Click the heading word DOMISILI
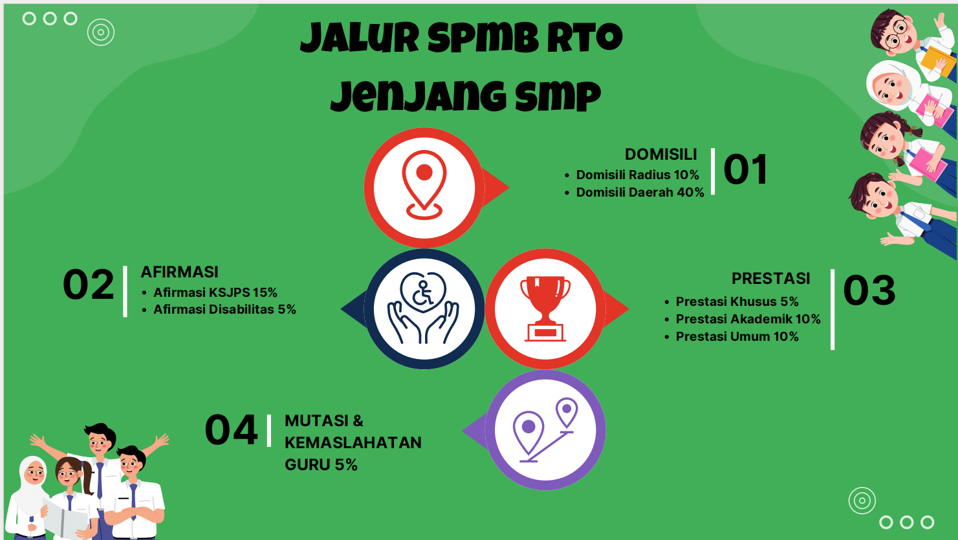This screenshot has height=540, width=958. (660, 155)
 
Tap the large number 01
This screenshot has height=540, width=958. (745, 170)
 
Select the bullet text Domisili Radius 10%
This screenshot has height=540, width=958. (637, 175)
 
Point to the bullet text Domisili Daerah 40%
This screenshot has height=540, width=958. (640, 193)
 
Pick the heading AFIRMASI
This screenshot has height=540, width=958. (179, 272)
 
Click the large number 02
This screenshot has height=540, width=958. (88, 285)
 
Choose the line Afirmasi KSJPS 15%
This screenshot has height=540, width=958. (215, 293)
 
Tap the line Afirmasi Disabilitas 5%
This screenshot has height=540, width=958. (224, 310)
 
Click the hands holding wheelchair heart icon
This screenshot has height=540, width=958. (424, 308)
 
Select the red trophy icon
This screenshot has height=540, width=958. (545, 308)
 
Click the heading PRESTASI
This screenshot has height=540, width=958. (770, 279)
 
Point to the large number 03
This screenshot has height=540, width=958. (869, 291)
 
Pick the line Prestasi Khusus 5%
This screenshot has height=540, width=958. (737, 302)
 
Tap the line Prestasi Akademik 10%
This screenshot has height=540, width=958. (748, 319)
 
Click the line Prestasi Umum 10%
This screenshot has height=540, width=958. (737, 337)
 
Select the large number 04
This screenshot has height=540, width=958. (231, 431)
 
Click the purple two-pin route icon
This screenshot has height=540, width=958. (545, 430)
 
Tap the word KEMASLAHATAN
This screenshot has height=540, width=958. (353, 443)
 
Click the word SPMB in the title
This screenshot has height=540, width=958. (483, 39)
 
